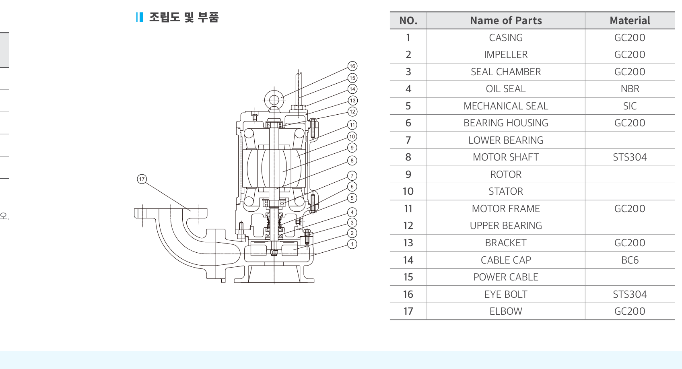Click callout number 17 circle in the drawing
click(142, 179)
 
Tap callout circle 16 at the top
click(352, 66)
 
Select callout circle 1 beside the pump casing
click(352, 244)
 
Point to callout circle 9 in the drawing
click(352, 148)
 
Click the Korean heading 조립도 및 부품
click(184, 17)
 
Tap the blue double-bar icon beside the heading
click(140, 17)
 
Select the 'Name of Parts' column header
click(506, 21)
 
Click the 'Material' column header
click(630, 21)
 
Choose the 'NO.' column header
click(408, 21)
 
